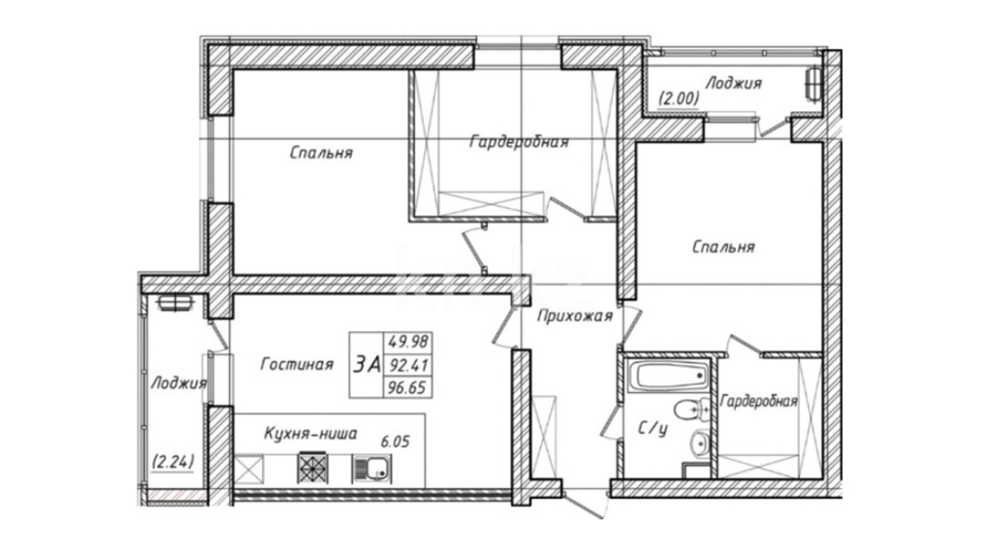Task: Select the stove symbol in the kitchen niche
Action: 312,467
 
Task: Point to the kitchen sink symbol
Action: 372,468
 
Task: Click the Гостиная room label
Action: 297,365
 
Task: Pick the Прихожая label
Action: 574,316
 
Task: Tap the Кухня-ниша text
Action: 310,434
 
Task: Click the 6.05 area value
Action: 395,441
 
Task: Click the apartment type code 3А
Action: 367,365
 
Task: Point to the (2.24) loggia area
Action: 173,462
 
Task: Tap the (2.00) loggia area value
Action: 679,98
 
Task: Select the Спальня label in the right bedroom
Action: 723,247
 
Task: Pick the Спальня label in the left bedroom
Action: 321,153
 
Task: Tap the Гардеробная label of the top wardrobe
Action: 519,141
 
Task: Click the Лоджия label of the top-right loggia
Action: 733,83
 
